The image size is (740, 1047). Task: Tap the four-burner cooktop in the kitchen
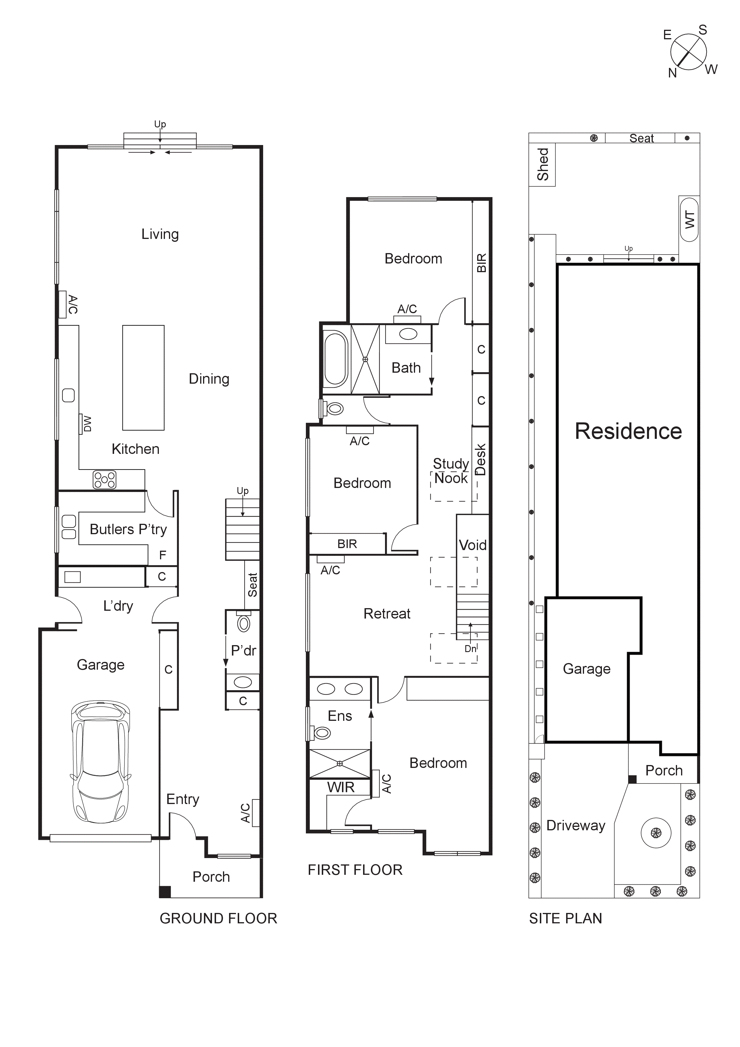pos(104,480)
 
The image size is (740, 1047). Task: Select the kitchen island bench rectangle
pos(143,378)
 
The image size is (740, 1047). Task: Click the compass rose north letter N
pos(672,73)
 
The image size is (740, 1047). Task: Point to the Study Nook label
pos(451,471)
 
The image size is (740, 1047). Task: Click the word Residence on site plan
pos(628,431)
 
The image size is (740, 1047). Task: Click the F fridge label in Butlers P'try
pos(163,555)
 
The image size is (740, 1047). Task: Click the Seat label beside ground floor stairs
pos(252,585)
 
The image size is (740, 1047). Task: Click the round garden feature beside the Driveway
pos(656,833)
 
